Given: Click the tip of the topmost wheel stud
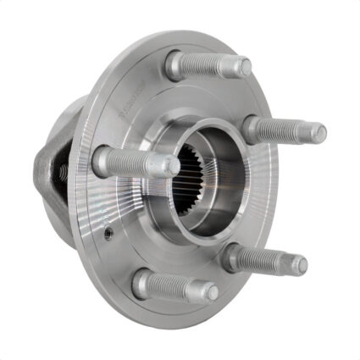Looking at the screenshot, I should tap(243, 66).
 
